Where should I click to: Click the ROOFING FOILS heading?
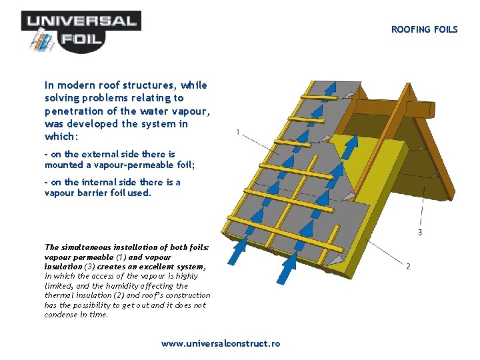click(x=424, y=29)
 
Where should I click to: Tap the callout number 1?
click(x=238, y=132)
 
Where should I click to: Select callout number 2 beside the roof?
click(x=408, y=267)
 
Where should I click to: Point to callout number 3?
click(x=419, y=232)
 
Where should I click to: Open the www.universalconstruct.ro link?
click(x=221, y=344)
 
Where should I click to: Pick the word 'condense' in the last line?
click(x=61, y=315)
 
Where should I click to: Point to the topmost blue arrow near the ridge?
click(x=329, y=89)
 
